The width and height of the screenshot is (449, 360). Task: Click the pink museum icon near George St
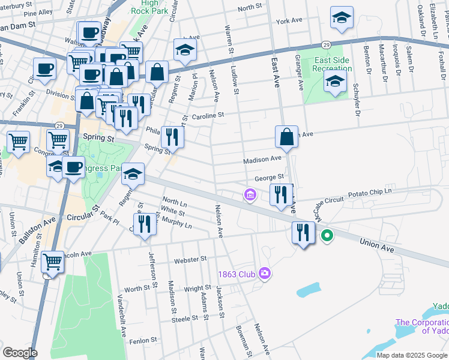click(250, 194)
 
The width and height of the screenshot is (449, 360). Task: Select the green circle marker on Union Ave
click(327, 235)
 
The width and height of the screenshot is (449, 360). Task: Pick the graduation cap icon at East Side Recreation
click(335, 80)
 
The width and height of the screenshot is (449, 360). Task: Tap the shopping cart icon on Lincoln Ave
click(53, 262)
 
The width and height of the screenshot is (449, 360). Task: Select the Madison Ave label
click(262, 160)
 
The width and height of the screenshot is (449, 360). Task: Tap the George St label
click(268, 178)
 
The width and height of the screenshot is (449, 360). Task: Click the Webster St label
click(190, 260)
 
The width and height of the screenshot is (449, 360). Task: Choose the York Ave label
click(289, 20)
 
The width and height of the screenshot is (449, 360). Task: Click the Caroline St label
click(208, 115)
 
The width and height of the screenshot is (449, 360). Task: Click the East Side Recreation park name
click(332, 64)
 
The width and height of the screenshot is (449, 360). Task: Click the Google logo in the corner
click(20, 353)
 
